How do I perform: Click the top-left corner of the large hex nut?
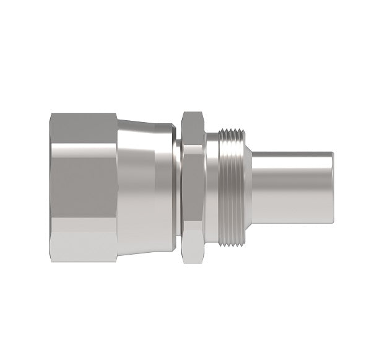[x=52, y=114]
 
